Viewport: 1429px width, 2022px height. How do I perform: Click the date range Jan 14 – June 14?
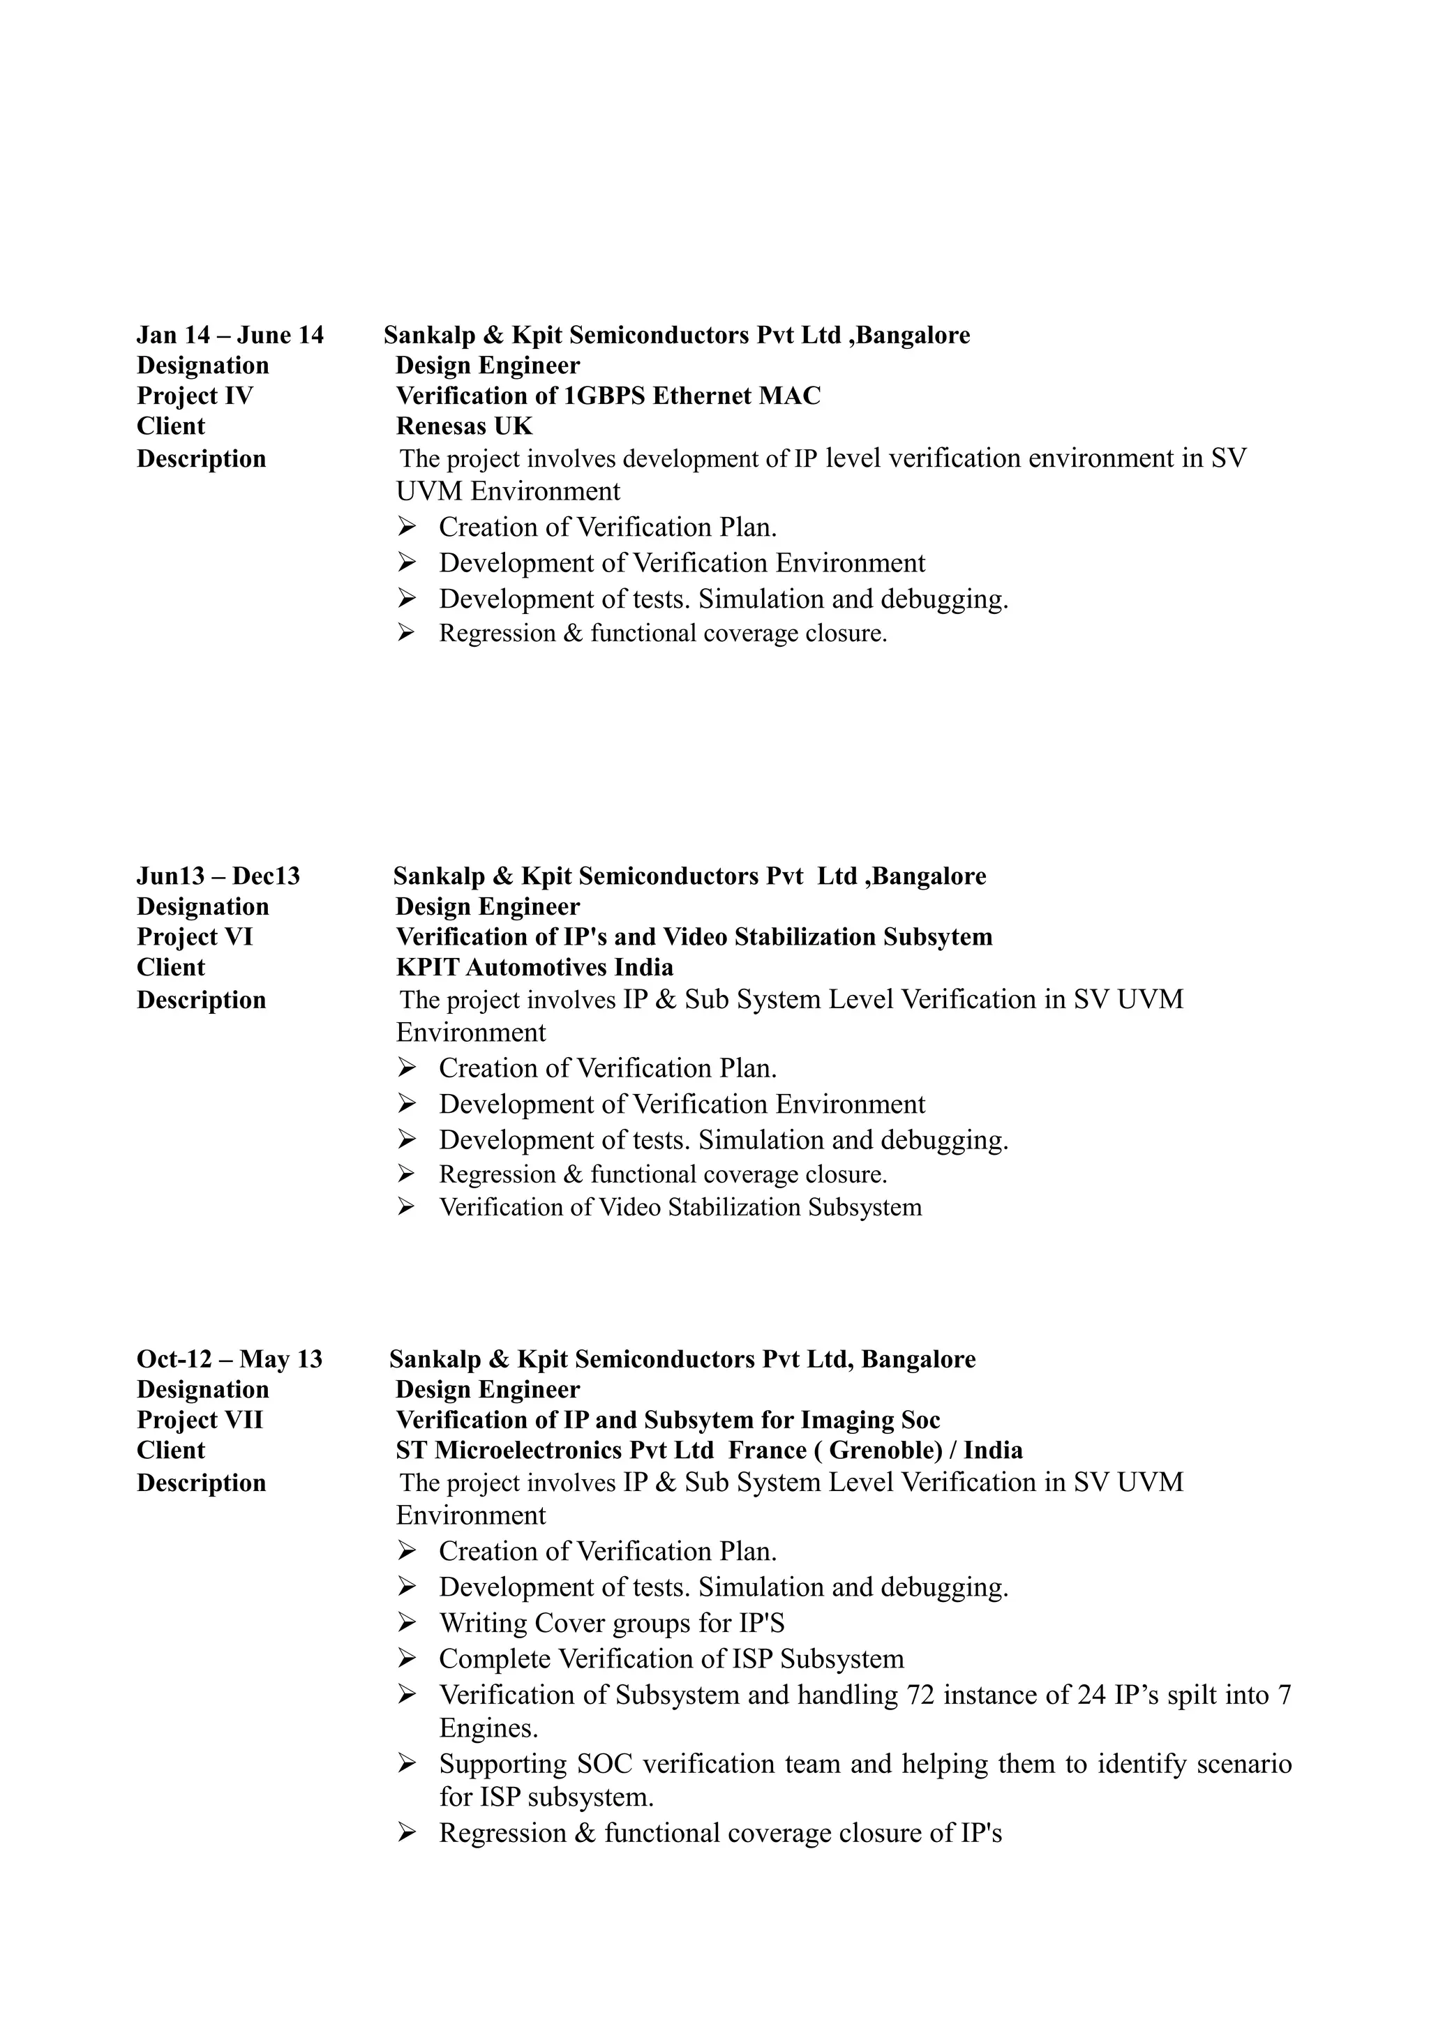pyautogui.click(x=230, y=336)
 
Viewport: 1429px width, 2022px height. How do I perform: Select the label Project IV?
pyautogui.click(x=195, y=396)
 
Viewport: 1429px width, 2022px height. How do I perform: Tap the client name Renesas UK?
pyautogui.click(x=464, y=426)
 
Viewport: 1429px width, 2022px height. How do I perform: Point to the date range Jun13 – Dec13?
pyautogui.click(x=218, y=876)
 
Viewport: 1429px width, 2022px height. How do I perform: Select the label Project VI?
pyautogui.click(x=195, y=937)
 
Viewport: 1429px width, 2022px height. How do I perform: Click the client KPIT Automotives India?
pyautogui.click(x=534, y=968)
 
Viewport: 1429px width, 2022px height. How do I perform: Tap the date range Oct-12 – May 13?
pyautogui.click(x=230, y=1359)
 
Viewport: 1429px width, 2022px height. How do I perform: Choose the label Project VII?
pyautogui.click(x=200, y=1420)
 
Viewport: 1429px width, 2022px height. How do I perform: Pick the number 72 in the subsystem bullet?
pyautogui.click(x=921, y=1695)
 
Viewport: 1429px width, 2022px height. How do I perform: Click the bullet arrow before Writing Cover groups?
pyautogui.click(x=406, y=1622)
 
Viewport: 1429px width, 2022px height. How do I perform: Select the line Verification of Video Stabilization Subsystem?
pyautogui.click(x=680, y=1207)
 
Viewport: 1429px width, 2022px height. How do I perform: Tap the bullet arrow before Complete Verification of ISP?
pyautogui.click(x=406, y=1658)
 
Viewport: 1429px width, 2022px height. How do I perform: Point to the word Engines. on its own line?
pyautogui.click(x=488, y=1729)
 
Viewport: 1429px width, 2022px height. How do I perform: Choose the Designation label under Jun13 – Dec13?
pyautogui.click(x=202, y=907)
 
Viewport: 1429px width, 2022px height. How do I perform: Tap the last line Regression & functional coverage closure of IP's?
pyautogui.click(x=720, y=1834)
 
